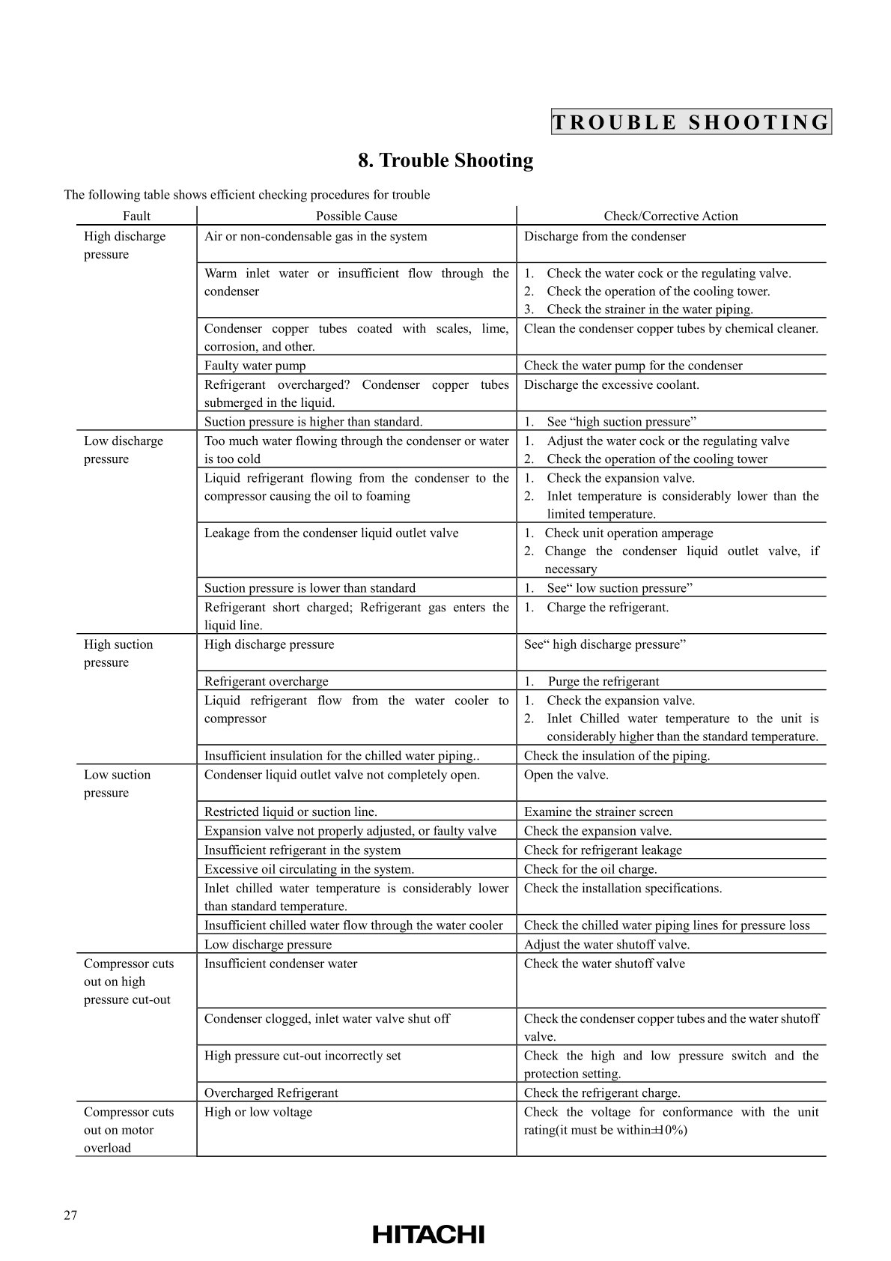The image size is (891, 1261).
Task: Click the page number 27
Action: click(70, 1215)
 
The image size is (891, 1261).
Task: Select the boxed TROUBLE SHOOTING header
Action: click(691, 122)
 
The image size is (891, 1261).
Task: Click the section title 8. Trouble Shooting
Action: click(445, 160)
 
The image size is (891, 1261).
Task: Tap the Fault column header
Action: click(136, 216)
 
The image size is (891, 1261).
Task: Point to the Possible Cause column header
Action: click(356, 216)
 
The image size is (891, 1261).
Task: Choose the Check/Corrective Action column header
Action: click(671, 216)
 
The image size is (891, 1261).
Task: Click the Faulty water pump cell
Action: click(255, 366)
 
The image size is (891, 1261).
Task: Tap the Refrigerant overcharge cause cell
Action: click(267, 681)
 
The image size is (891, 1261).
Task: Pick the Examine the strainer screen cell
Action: click(598, 811)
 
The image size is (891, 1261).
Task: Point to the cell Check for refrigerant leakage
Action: click(603, 850)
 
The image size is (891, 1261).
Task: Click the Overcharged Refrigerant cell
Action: click(271, 1092)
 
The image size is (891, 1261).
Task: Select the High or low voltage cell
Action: click(258, 1112)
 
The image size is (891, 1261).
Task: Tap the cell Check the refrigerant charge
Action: click(602, 1092)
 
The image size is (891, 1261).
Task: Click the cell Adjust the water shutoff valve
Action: click(606, 944)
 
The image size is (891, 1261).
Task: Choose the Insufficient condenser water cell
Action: click(281, 964)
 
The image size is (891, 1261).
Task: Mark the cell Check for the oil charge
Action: click(590, 869)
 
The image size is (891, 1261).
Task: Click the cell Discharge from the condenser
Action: click(604, 237)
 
